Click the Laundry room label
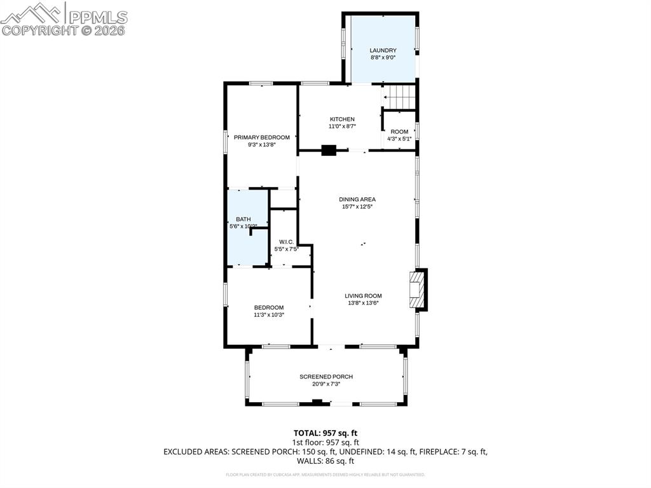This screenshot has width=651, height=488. coord(383,50)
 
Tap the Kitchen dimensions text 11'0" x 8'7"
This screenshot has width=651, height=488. coord(342,127)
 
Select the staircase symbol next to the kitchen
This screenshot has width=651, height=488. coord(400,97)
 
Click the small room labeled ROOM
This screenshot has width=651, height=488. coord(399,132)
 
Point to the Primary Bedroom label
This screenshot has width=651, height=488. coord(261,137)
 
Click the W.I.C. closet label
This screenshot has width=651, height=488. coord(285,241)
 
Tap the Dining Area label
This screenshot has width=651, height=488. coord(357,199)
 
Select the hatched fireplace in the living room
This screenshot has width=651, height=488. coord(417,289)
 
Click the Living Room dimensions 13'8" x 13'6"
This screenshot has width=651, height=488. coord(363,303)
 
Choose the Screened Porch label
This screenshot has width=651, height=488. coord(326,377)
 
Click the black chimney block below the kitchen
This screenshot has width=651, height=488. coord(329,151)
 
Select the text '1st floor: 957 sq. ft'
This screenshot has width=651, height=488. coord(325,442)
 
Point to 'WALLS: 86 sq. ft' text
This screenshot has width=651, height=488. coord(325,461)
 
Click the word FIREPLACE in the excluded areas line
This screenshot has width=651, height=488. coord(440,452)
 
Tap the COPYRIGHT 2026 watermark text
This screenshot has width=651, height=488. coord(64,31)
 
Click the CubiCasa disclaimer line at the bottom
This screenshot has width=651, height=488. coord(325,475)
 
